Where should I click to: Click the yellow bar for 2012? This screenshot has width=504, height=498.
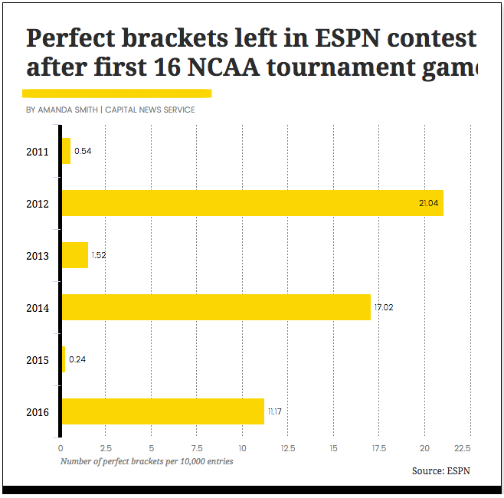pyautogui.click(x=252, y=203)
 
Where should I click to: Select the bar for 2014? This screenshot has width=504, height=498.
pyautogui.click(x=216, y=307)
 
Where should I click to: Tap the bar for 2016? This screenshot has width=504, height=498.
pyautogui.click(x=162, y=411)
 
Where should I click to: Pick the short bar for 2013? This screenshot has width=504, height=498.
pyautogui.click(x=75, y=255)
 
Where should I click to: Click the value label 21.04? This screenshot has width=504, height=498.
pyautogui.click(x=428, y=203)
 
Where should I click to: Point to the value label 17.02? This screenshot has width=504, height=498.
pyautogui.click(x=384, y=307)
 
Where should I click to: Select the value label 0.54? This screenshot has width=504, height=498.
pyautogui.click(x=83, y=151)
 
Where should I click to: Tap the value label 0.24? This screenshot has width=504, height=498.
pyautogui.click(x=77, y=359)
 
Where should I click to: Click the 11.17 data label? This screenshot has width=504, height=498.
pyautogui.click(x=274, y=411)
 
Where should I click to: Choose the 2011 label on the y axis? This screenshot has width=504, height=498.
pyautogui.click(x=37, y=152)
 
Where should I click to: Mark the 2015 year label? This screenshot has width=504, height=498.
pyautogui.click(x=37, y=360)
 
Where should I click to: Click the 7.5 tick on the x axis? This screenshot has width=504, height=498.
pyautogui.click(x=197, y=448)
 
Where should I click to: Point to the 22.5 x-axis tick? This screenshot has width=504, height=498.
pyautogui.click(x=462, y=448)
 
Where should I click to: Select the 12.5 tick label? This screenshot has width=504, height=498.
pyautogui.click(x=287, y=448)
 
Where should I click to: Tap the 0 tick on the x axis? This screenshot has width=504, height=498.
pyautogui.click(x=61, y=448)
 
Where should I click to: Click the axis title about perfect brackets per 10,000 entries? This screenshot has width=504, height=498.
pyautogui.click(x=146, y=461)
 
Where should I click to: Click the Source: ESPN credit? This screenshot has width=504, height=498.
pyautogui.click(x=440, y=470)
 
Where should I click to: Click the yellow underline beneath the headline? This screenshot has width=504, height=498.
pyautogui.click(x=116, y=93)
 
